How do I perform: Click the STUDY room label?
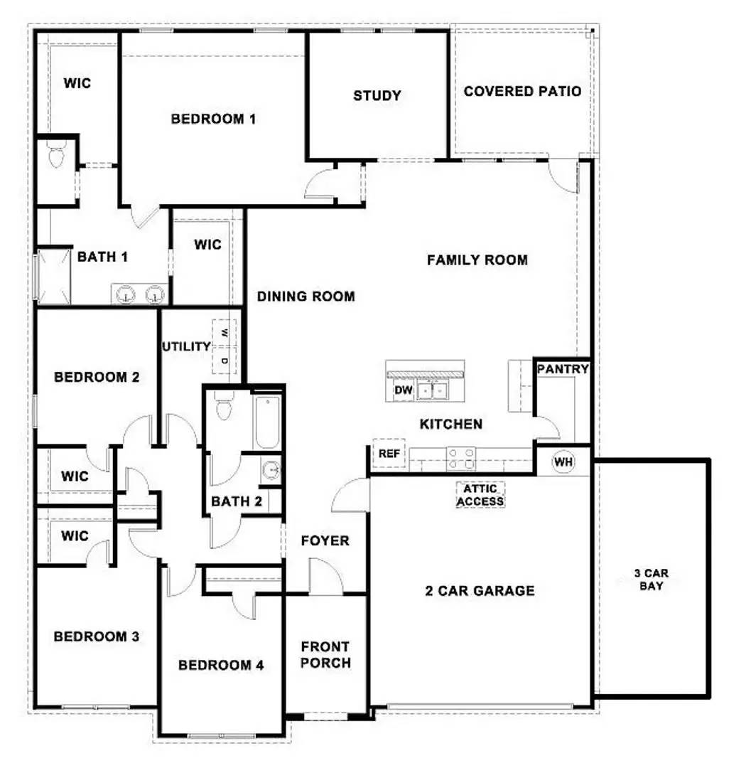[377, 95]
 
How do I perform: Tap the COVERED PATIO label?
[522, 91]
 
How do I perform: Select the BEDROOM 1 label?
[213, 119]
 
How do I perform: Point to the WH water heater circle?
[563, 462]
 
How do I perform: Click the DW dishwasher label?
[403, 390]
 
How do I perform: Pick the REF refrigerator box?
[388, 454]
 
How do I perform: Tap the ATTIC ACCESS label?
[480, 495]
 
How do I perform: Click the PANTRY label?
[563, 369]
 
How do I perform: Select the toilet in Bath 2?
[223, 407]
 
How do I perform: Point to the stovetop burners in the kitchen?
[460, 457]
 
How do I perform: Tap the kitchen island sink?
[433, 390]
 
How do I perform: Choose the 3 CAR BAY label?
[652, 580]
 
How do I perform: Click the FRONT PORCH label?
[325, 655]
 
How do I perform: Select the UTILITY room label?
[186, 347]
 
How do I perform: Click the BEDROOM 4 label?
[221, 666]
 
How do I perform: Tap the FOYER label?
[325, 541]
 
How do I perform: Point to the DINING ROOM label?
[306, 297]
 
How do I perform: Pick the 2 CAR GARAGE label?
[480, 590]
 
